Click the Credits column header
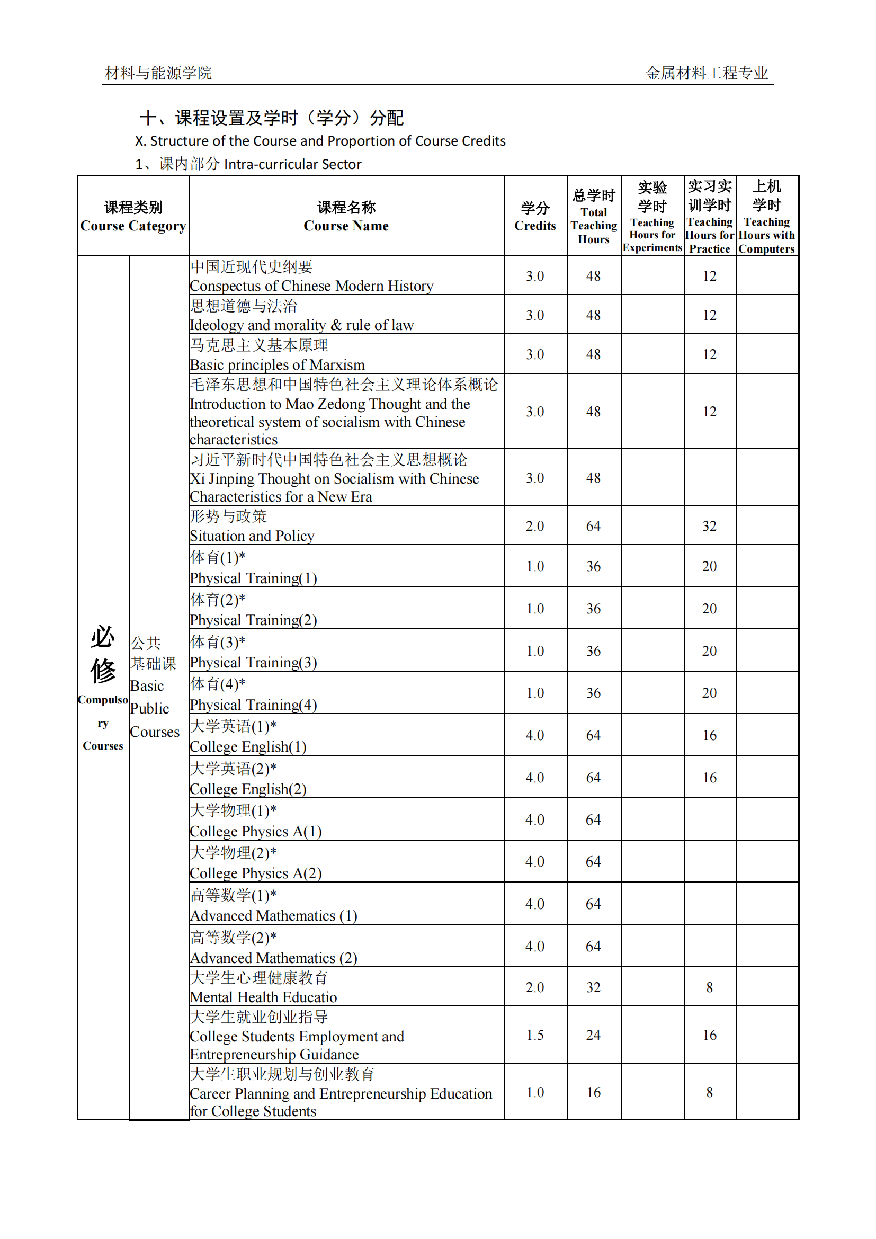534,217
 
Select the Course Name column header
346,217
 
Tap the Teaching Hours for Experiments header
652,217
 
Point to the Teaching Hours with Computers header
766,217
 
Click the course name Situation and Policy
252,536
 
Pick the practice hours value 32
709,526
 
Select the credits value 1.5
534,1035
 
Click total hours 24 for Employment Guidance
593,1035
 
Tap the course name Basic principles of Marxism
277,365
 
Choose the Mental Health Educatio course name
263,997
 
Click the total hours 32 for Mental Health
593,987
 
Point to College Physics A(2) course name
256,873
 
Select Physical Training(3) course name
254,663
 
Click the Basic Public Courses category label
154,687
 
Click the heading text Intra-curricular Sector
292,164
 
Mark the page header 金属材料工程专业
707,73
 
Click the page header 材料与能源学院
158,73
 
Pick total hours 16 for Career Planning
593,1092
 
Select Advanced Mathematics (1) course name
273,916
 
